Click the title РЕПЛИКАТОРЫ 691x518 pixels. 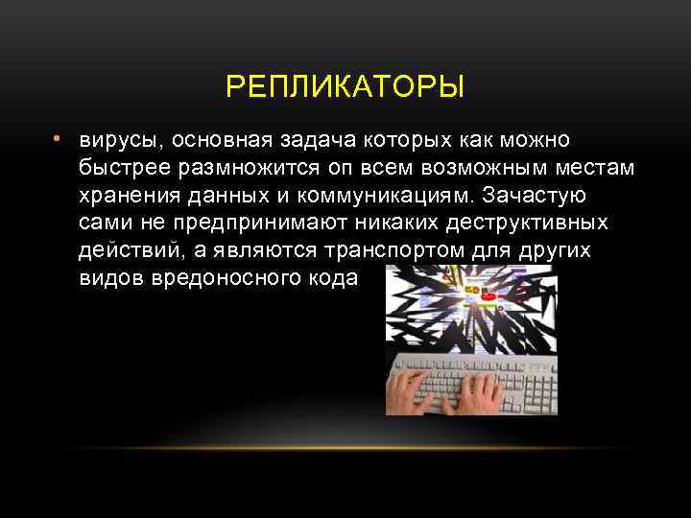(345, 88)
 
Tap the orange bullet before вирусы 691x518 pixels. (58, 140)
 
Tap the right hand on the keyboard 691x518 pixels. (476, 389)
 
